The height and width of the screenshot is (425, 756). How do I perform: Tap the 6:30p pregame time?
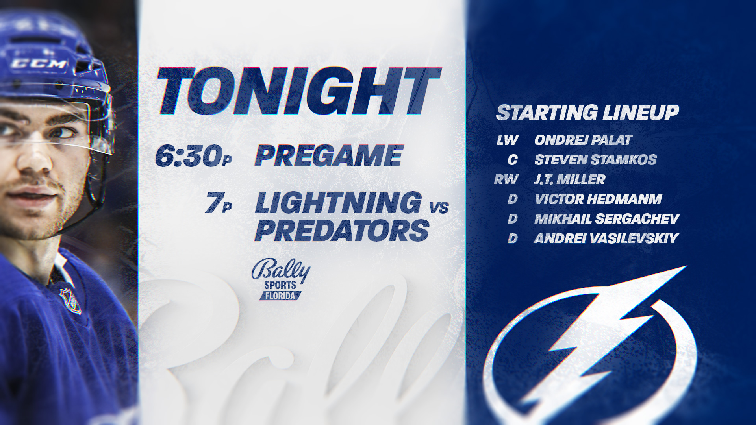point(194,156)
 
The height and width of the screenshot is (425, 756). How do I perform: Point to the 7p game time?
point(219,204)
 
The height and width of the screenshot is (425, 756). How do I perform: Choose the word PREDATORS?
point(342,231)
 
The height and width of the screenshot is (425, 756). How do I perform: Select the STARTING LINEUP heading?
point(587,113)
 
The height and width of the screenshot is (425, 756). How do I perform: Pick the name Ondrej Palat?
point(583,140)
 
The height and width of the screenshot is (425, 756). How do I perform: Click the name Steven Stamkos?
point(595,160)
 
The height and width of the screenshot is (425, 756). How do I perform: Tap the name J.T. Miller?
point(569,179)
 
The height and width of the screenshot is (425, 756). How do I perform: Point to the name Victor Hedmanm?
point(598,199)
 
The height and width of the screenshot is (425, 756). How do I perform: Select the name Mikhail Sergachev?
point(607,219)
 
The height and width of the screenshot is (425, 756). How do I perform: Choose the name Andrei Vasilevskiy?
point(606,238)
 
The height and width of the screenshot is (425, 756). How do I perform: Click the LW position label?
point(508,140)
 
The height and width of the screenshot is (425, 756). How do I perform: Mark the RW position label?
point(506,179)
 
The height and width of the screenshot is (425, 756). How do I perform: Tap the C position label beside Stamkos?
point(513,160)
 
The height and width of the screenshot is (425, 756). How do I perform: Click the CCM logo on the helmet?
point(39,63)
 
